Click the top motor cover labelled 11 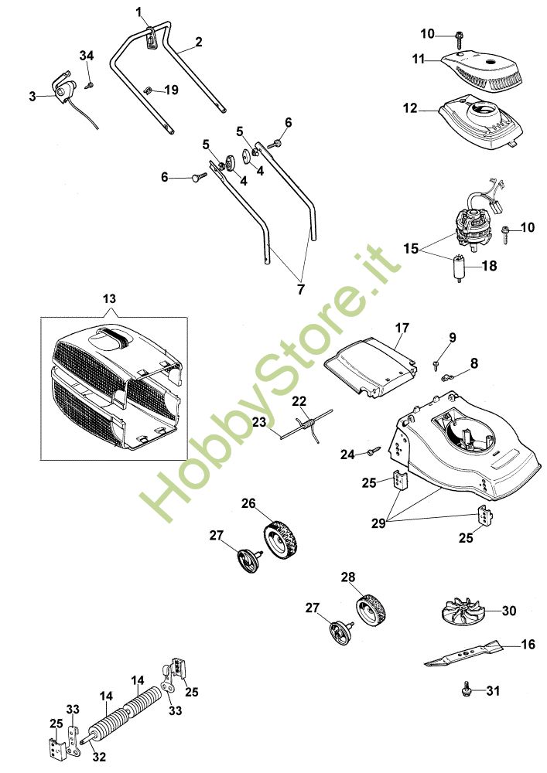point(484,70)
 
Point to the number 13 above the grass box point(108,298)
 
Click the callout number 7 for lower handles point(301,288)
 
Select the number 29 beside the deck point(378,523)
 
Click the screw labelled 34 point(90,83)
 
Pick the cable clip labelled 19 point(149,90)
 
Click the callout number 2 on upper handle point(199,43)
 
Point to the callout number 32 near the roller point(98,758)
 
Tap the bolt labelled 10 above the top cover point(459,36)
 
